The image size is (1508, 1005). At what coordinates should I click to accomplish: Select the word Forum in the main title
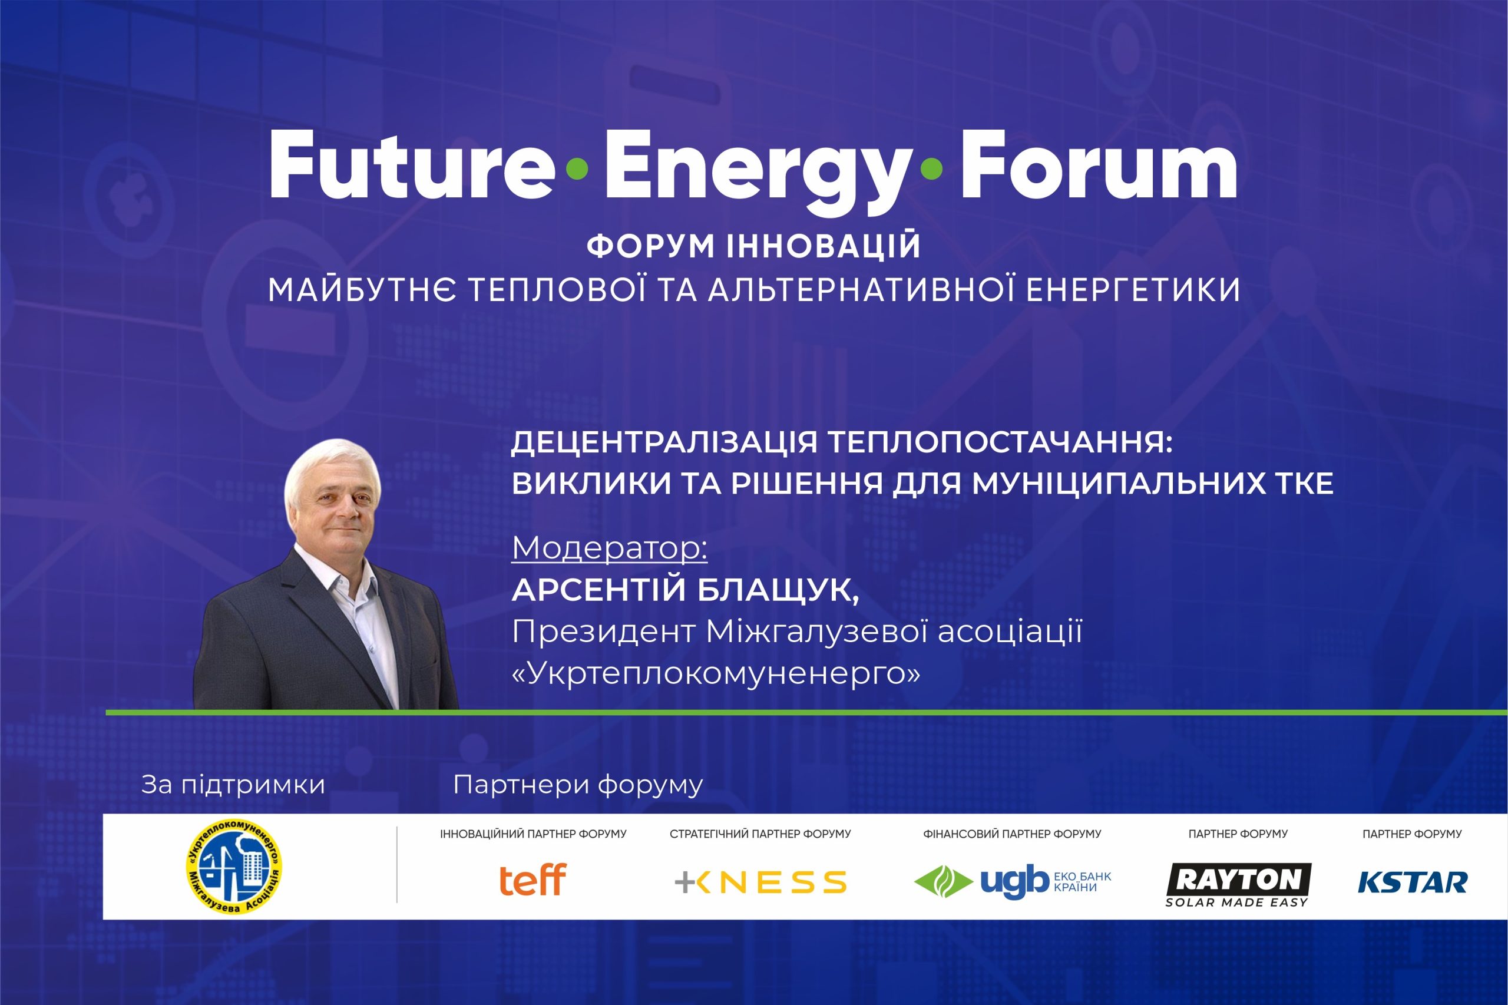click(x=1099, y=166)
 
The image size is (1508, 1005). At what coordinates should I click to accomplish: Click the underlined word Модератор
click(x=610, y=548)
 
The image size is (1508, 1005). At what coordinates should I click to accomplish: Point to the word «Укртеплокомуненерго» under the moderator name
click(x=716, y=673)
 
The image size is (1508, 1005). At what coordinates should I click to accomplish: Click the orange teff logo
click(x=533, y=880)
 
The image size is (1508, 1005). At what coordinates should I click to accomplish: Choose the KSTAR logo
click(x=1413, y=882)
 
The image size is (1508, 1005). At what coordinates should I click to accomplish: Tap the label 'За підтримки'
click(x=233, y=785)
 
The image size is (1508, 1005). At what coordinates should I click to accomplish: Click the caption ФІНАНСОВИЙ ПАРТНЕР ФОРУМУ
click(x=1012, y=834)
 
